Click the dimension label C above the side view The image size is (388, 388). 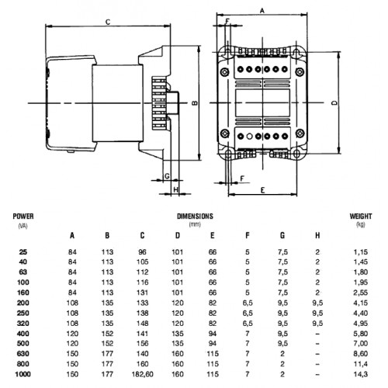108,22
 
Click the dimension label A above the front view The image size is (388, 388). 262,11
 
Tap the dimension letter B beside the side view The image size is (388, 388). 195,103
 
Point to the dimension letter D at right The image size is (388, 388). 334,102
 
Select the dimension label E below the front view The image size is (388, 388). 262,190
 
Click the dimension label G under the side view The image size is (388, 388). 167,176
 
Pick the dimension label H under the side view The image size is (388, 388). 176,189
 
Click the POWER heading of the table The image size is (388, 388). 23,217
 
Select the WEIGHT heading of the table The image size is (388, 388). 361,217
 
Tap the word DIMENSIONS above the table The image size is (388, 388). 195,217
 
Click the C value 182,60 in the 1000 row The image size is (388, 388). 142,374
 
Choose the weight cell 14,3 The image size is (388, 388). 361,374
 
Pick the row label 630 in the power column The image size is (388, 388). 23,354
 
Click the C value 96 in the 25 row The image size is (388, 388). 142,251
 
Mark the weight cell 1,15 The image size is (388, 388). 361,251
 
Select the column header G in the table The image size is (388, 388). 282,235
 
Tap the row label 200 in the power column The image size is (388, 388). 23,303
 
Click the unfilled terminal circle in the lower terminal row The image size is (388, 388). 249,136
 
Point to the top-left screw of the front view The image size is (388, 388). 224,72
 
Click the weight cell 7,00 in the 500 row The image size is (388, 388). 361,344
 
